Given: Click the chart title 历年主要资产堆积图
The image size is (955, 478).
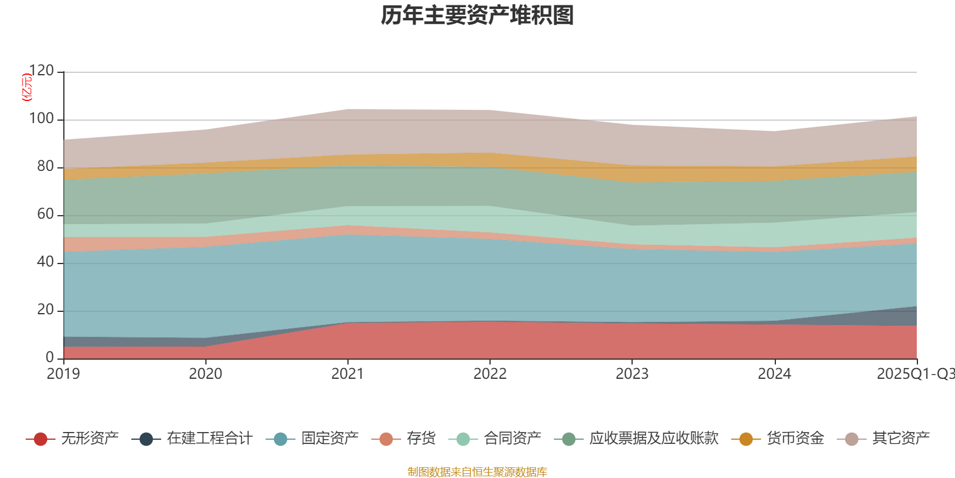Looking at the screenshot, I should point(478,16).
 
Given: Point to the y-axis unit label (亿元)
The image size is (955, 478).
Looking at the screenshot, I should point(26,87).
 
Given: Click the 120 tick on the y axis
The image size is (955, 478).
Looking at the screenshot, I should point(41,71).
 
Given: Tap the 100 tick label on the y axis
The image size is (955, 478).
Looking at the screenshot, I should point(41,119).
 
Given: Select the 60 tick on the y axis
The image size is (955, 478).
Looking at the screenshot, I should point(45,215).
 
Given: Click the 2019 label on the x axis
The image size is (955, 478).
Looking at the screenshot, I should point(63,374).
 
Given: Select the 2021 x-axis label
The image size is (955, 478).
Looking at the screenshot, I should point(347,374).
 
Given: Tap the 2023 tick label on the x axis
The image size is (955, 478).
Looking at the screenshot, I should point(632,374).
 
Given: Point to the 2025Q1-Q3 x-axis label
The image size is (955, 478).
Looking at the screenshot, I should point(915,374).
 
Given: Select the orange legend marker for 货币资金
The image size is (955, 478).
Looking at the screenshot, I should point(746,439).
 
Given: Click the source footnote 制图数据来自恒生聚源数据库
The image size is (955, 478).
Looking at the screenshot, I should point(478,472).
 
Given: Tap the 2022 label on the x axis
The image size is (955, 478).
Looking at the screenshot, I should point(490,374).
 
